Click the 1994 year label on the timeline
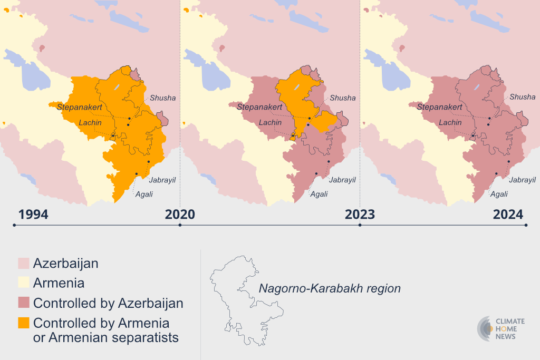(x=33, y=215)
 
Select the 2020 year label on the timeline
(x=180, y=215)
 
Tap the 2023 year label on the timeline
(x=360, y=215)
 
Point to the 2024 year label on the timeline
(x=508, y=215)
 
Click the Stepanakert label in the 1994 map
(x=79, y=107)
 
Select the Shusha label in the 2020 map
(x=343, y=98)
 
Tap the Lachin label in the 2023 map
(x=450, y=123)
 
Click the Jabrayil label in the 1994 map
(x=162, y=180)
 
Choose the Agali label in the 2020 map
(x=319, y=194)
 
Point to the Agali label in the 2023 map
(x=499, y=194)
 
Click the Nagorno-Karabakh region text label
(x=329, y=289)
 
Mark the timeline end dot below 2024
(x=526, y=225)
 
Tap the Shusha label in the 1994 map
(x=163, y=98)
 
